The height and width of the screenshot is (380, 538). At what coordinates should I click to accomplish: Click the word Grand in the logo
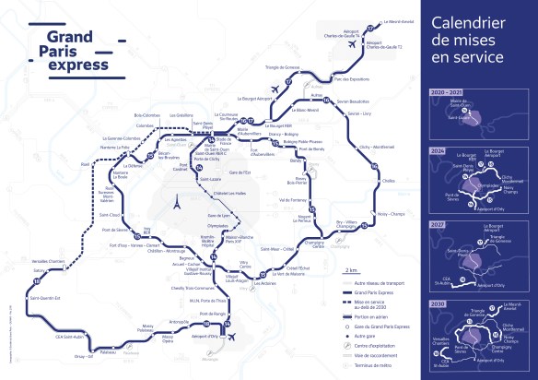point(53,36)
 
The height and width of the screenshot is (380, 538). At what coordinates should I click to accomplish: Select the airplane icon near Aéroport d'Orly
point(230,338)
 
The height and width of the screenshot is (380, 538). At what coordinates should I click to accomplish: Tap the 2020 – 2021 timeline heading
point(460,93)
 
